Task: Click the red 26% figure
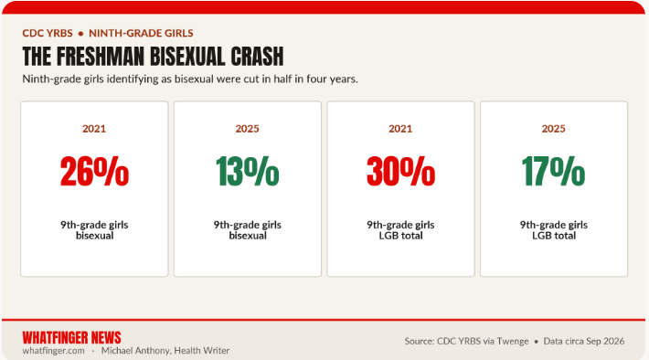point(94,171)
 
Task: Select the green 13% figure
point(247,171)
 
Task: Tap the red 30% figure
point(400,171)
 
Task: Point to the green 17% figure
point(553,171)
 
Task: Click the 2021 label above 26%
point(94,129)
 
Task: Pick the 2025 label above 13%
point(247,129)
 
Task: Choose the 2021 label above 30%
point(400,129)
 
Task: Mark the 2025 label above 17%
point(553,129)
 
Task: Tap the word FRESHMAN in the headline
point(101,57)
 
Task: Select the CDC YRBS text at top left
point(48,33)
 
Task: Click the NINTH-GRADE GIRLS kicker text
point(141,33)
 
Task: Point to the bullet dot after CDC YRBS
point(80,34)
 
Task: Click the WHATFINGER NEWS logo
point(71,338)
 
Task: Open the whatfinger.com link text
point(53,351)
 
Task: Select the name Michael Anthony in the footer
point(135,351)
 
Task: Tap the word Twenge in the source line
point(513,342)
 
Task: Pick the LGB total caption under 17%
point(554,236)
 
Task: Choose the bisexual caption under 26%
point(94,236)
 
